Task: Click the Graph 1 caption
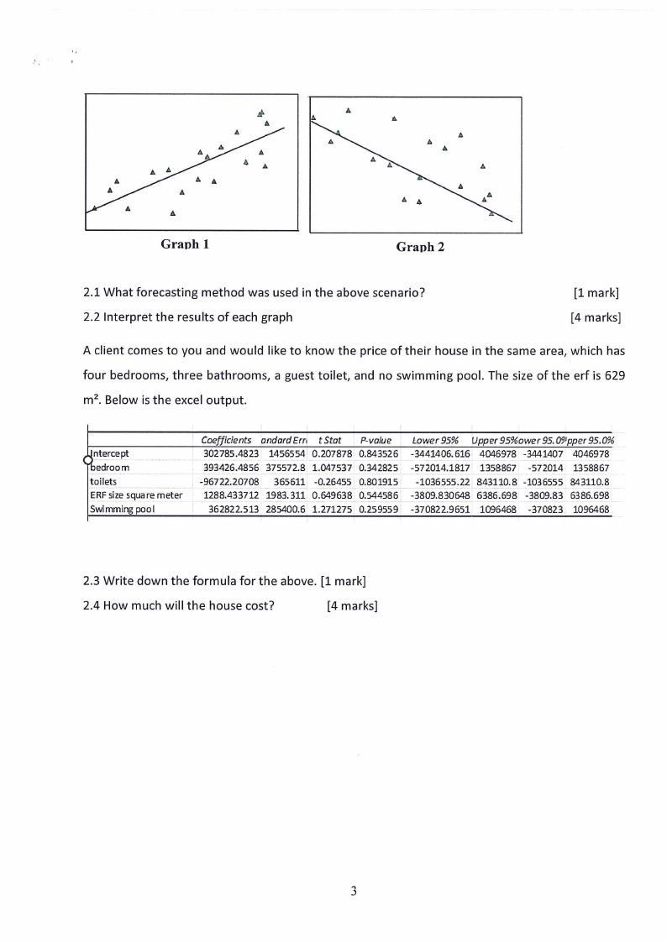tap(185, 245)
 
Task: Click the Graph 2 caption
tap(420, 247)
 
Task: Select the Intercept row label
tap(110, 453)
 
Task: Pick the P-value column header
tap(376, 440)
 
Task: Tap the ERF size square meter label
tap(135, 495)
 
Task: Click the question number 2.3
tap(93, 580)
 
